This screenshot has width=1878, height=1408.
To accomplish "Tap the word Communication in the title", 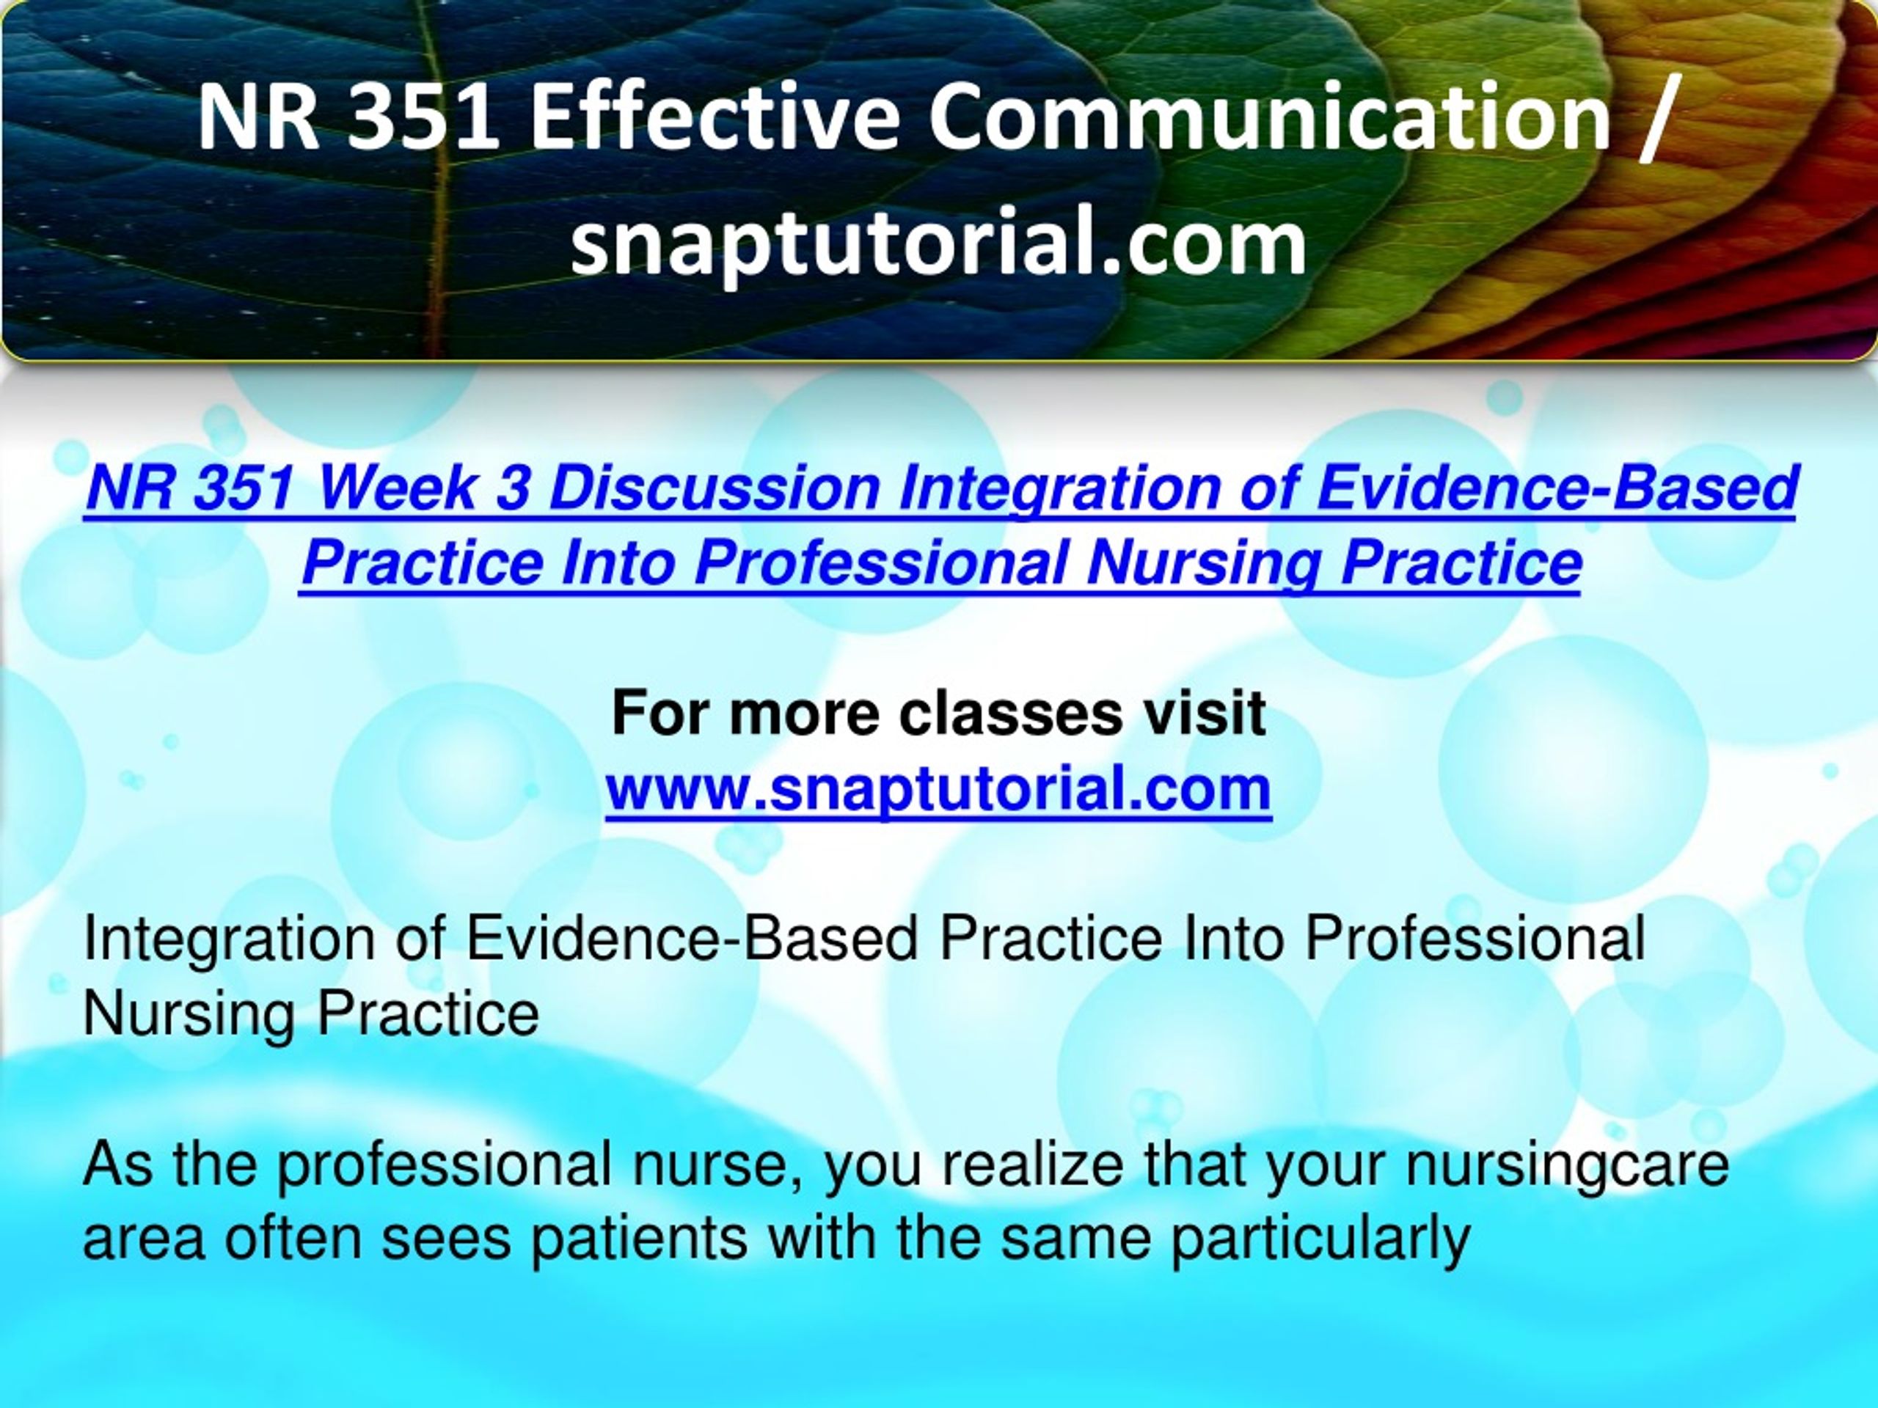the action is coord(1270,117).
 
